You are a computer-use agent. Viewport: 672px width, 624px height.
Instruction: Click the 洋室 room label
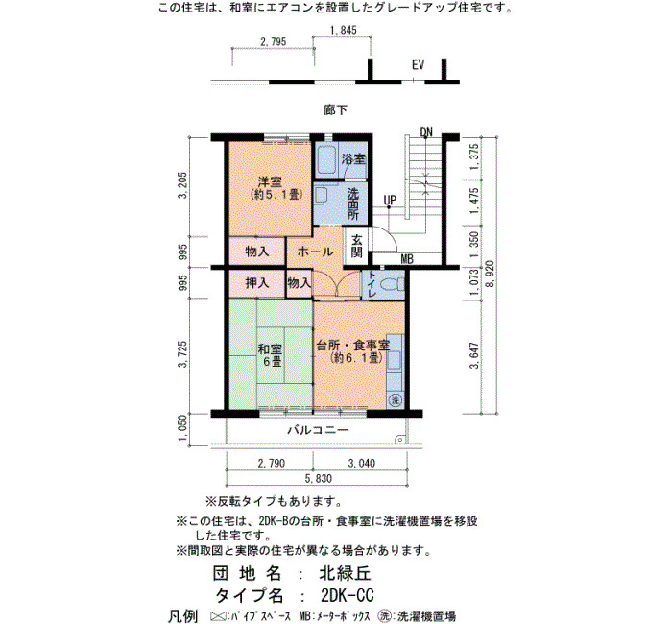click(270, 181)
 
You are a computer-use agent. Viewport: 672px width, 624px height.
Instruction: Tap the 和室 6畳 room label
click(270, 355)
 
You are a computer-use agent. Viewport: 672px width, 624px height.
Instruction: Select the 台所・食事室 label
click(352, 345)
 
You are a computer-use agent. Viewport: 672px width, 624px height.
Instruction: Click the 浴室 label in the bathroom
click(353, 159)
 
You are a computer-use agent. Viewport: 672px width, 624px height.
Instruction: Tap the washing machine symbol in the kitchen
click(396, 400)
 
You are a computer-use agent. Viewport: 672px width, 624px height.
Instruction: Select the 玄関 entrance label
click(357, 246)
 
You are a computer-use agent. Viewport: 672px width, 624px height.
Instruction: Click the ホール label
click(315, 252)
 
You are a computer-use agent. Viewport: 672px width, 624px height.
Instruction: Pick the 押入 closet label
click(257, 283)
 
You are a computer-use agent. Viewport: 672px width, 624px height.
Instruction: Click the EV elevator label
click(418, 64)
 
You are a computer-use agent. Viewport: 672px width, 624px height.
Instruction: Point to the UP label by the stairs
click(390, 200)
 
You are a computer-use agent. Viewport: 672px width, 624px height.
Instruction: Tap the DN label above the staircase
click(426, 132)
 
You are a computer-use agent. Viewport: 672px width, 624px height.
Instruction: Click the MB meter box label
click(407, 259)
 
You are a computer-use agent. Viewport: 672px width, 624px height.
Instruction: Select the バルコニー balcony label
click(318, 430)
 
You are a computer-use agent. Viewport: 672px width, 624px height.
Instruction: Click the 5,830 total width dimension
click(318, 479)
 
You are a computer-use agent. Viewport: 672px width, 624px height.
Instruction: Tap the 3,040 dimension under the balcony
click(361, 464)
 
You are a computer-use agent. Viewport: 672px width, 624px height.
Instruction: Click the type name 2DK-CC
click(348, 595)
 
